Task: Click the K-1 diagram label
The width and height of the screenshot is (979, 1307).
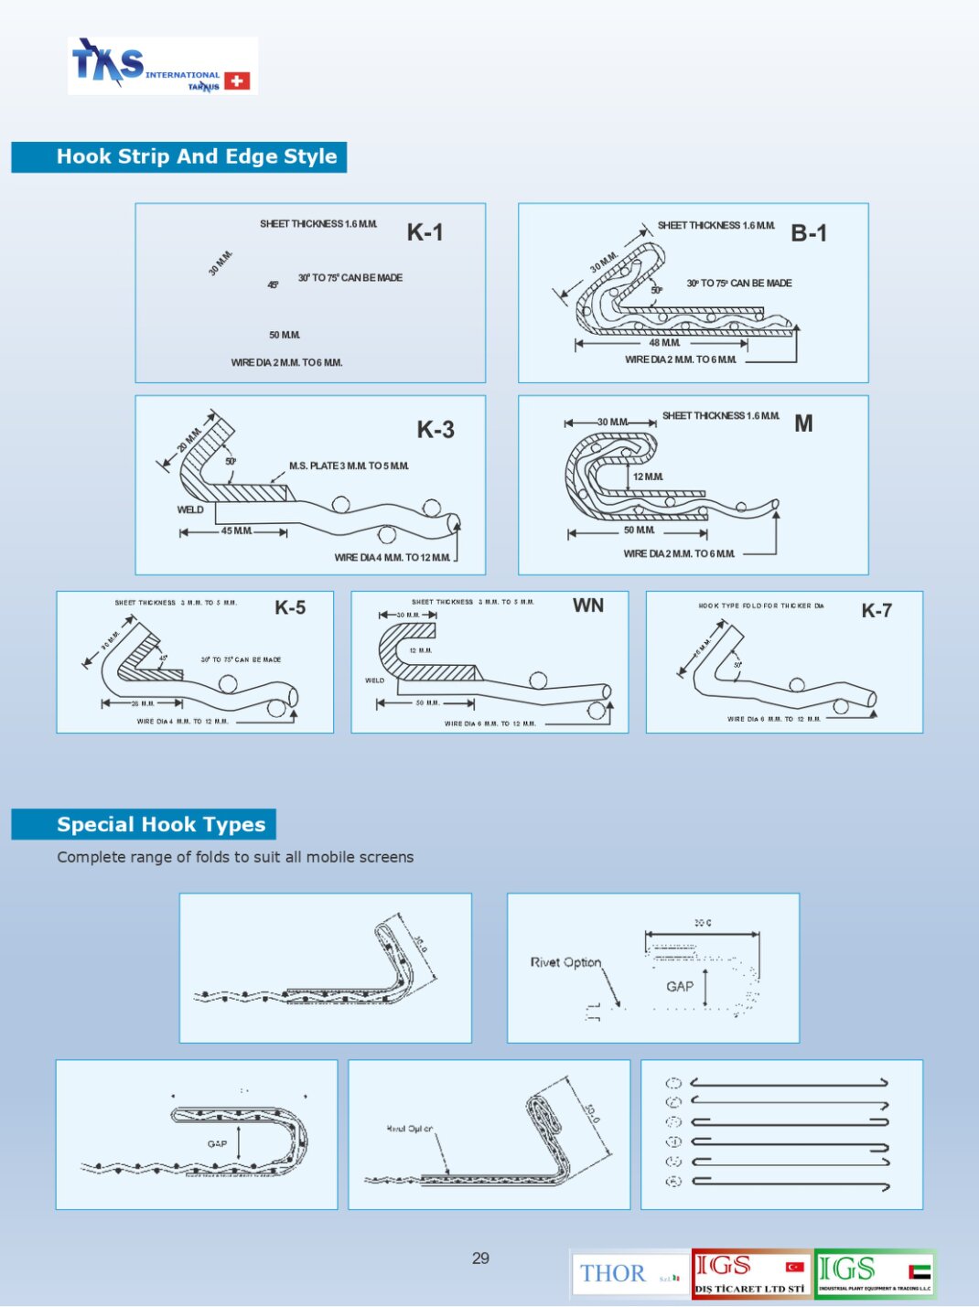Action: point(425,232)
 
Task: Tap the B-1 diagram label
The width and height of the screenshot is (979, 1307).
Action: point(808,233)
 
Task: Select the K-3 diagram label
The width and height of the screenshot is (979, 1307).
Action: point(436,430)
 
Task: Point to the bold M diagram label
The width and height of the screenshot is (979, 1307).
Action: point(803,423)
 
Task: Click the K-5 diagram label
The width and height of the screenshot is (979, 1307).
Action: point(290,608)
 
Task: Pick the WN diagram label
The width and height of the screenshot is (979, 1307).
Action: point(588,605)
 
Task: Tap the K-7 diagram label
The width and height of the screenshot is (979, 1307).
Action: point(877,611)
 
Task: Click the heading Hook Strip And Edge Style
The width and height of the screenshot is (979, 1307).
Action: point(196,156)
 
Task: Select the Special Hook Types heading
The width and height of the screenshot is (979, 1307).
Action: point(161,825)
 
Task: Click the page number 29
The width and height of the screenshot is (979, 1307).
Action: point(480,1259)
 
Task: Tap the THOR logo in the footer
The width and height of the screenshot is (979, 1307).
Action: point(613,1273)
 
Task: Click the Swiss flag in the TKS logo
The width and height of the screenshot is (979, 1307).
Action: point(237,81)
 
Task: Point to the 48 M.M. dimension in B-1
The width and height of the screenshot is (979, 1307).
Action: point(664,343)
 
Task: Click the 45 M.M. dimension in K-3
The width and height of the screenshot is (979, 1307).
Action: point(236,531)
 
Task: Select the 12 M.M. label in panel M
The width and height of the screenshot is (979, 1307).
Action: point(648,477)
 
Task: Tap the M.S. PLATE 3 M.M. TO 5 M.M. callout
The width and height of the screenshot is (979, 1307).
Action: point(349,466)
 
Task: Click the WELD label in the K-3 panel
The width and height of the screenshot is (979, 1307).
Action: point(190,509)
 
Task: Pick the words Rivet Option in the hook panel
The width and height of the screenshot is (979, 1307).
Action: point(565,962)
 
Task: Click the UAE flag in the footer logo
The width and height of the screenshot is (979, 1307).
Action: point(920,1271)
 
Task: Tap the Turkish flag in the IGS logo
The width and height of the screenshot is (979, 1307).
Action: point(795,1267)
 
